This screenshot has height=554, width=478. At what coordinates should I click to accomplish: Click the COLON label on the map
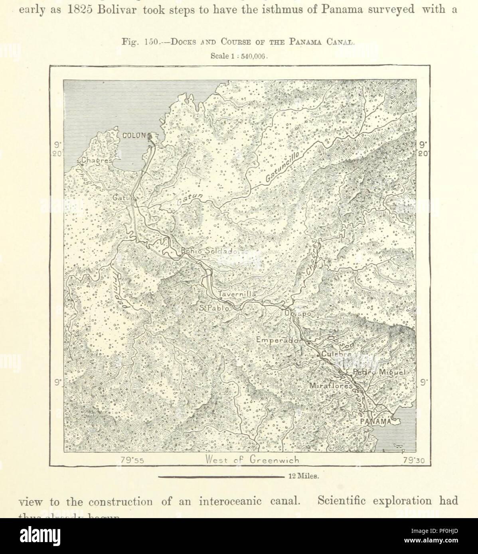(x=134, y=136)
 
